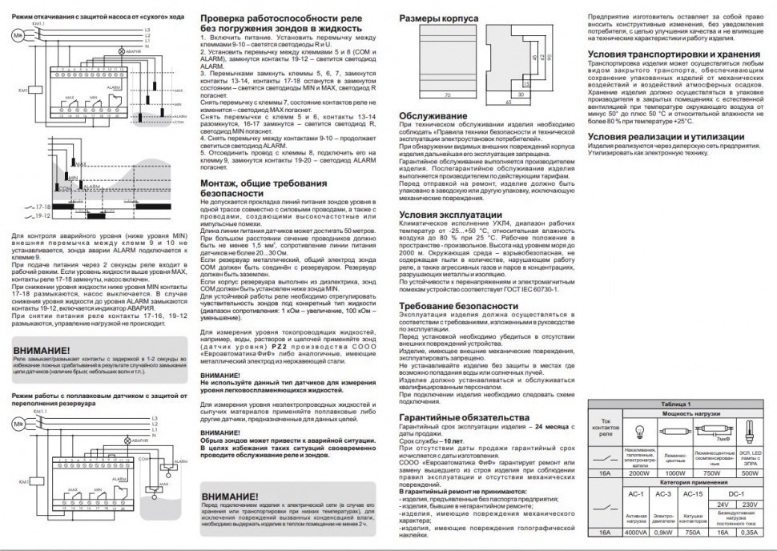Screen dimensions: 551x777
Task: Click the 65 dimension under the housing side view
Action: [x=508, y=103]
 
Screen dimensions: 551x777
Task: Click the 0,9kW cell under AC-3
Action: [x=664, y=532]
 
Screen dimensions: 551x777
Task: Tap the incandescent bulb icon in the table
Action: [x=638, y=432]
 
